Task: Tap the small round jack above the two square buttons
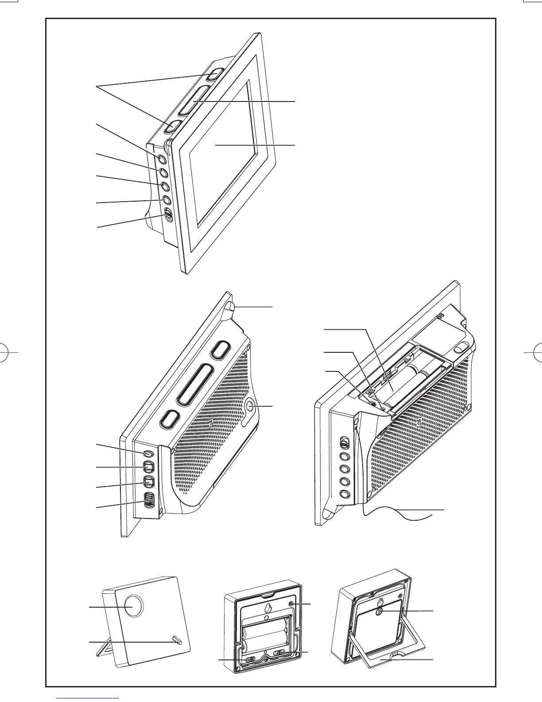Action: [x=148, y=454]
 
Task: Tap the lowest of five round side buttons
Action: [x=345, y=495]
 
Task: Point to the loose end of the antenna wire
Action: [x=432, y=517]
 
